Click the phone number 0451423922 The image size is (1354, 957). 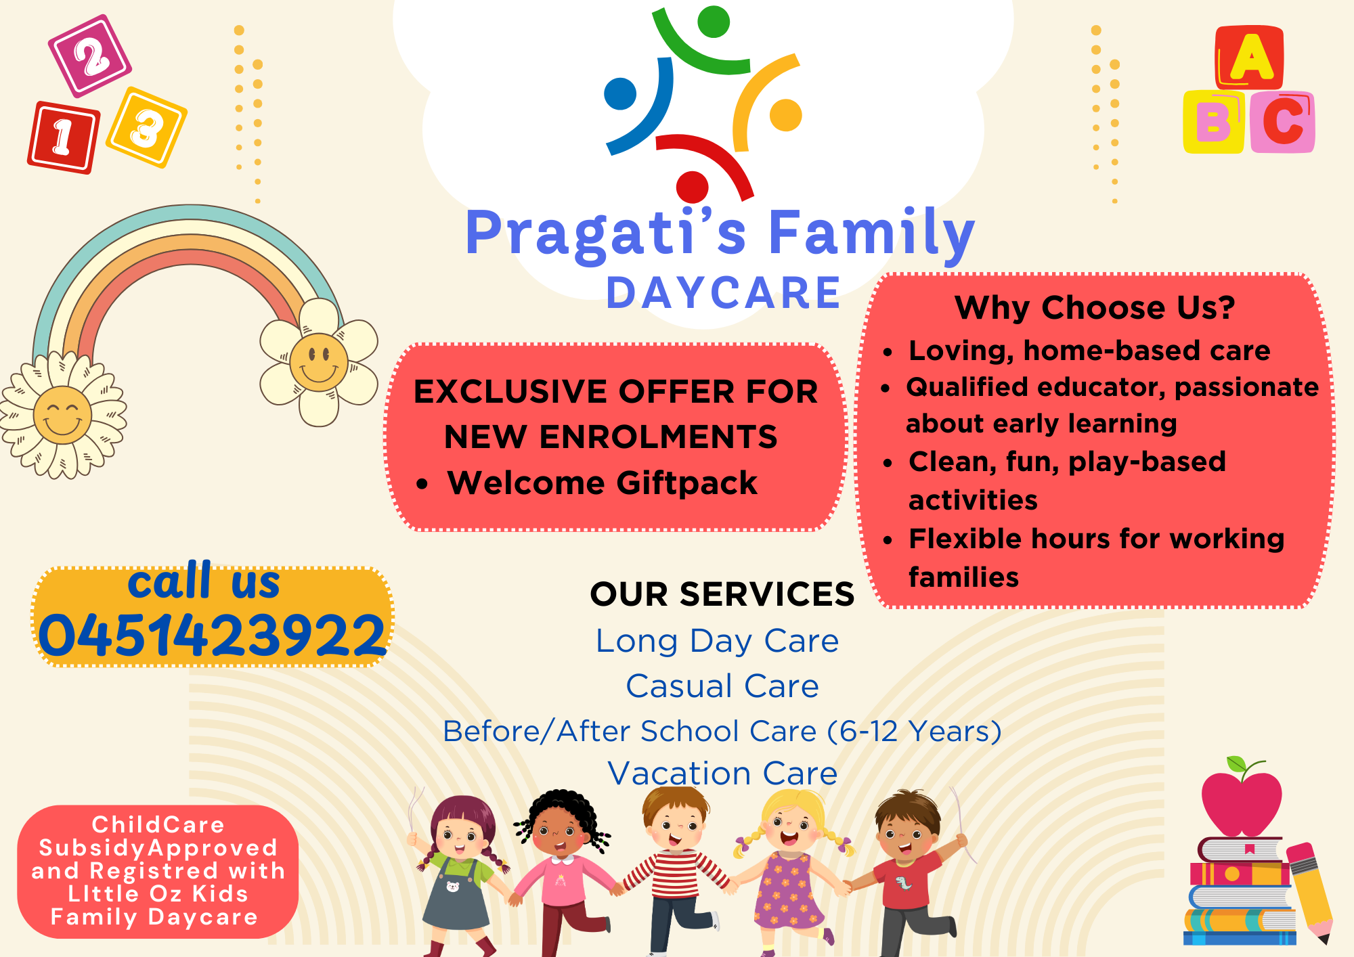[212, 636]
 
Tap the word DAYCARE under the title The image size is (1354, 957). [723, 293]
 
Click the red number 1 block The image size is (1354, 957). [64, 137]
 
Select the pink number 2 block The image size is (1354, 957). [90, 56]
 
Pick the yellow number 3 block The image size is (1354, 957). [147, 127]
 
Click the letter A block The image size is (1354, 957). [1250, 58]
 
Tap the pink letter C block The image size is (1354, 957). [1282, 122]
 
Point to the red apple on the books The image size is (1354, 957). [1241, 802]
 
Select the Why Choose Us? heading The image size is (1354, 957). [1095, 307]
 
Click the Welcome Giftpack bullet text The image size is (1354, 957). [602, 483]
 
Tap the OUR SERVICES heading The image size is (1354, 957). [722, 594]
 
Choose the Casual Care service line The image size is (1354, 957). [722, 686]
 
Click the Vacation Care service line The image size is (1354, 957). [722, 773]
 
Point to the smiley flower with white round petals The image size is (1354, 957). [319, 363]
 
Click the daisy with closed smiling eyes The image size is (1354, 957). [62, 415]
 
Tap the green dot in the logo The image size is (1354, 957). [714, 22]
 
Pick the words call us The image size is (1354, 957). [204, 582]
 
